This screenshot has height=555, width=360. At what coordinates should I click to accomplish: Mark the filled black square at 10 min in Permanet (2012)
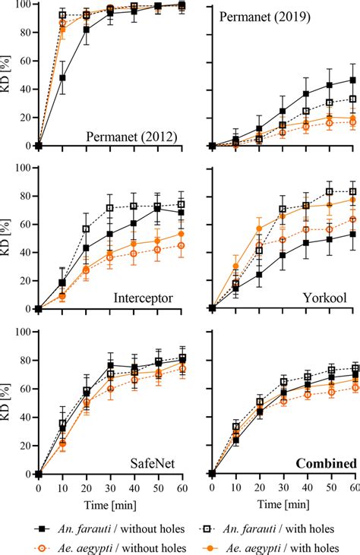tap(62, 77)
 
